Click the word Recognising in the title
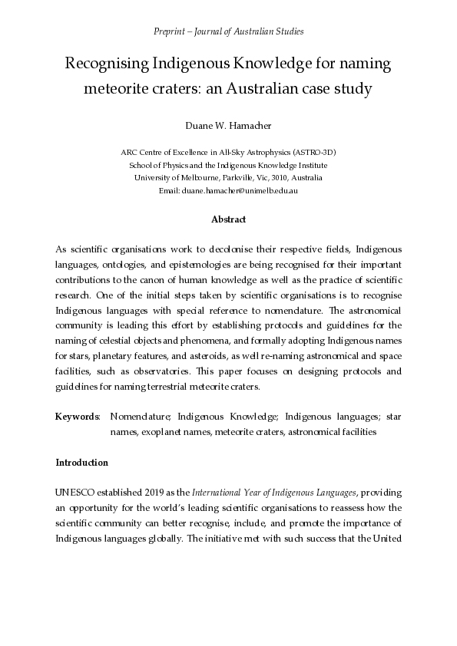pyautogui.click(x=109, y=64)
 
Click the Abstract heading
pyautogui.click(x=228, y=219)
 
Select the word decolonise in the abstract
pyautogui.click(x=235, y=250)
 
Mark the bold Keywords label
pyautogui.click(x=78, y=417)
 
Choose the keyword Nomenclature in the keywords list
pyautogui.click(x=141, y=417)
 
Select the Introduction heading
pyautogui.click(x=82, y=463)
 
